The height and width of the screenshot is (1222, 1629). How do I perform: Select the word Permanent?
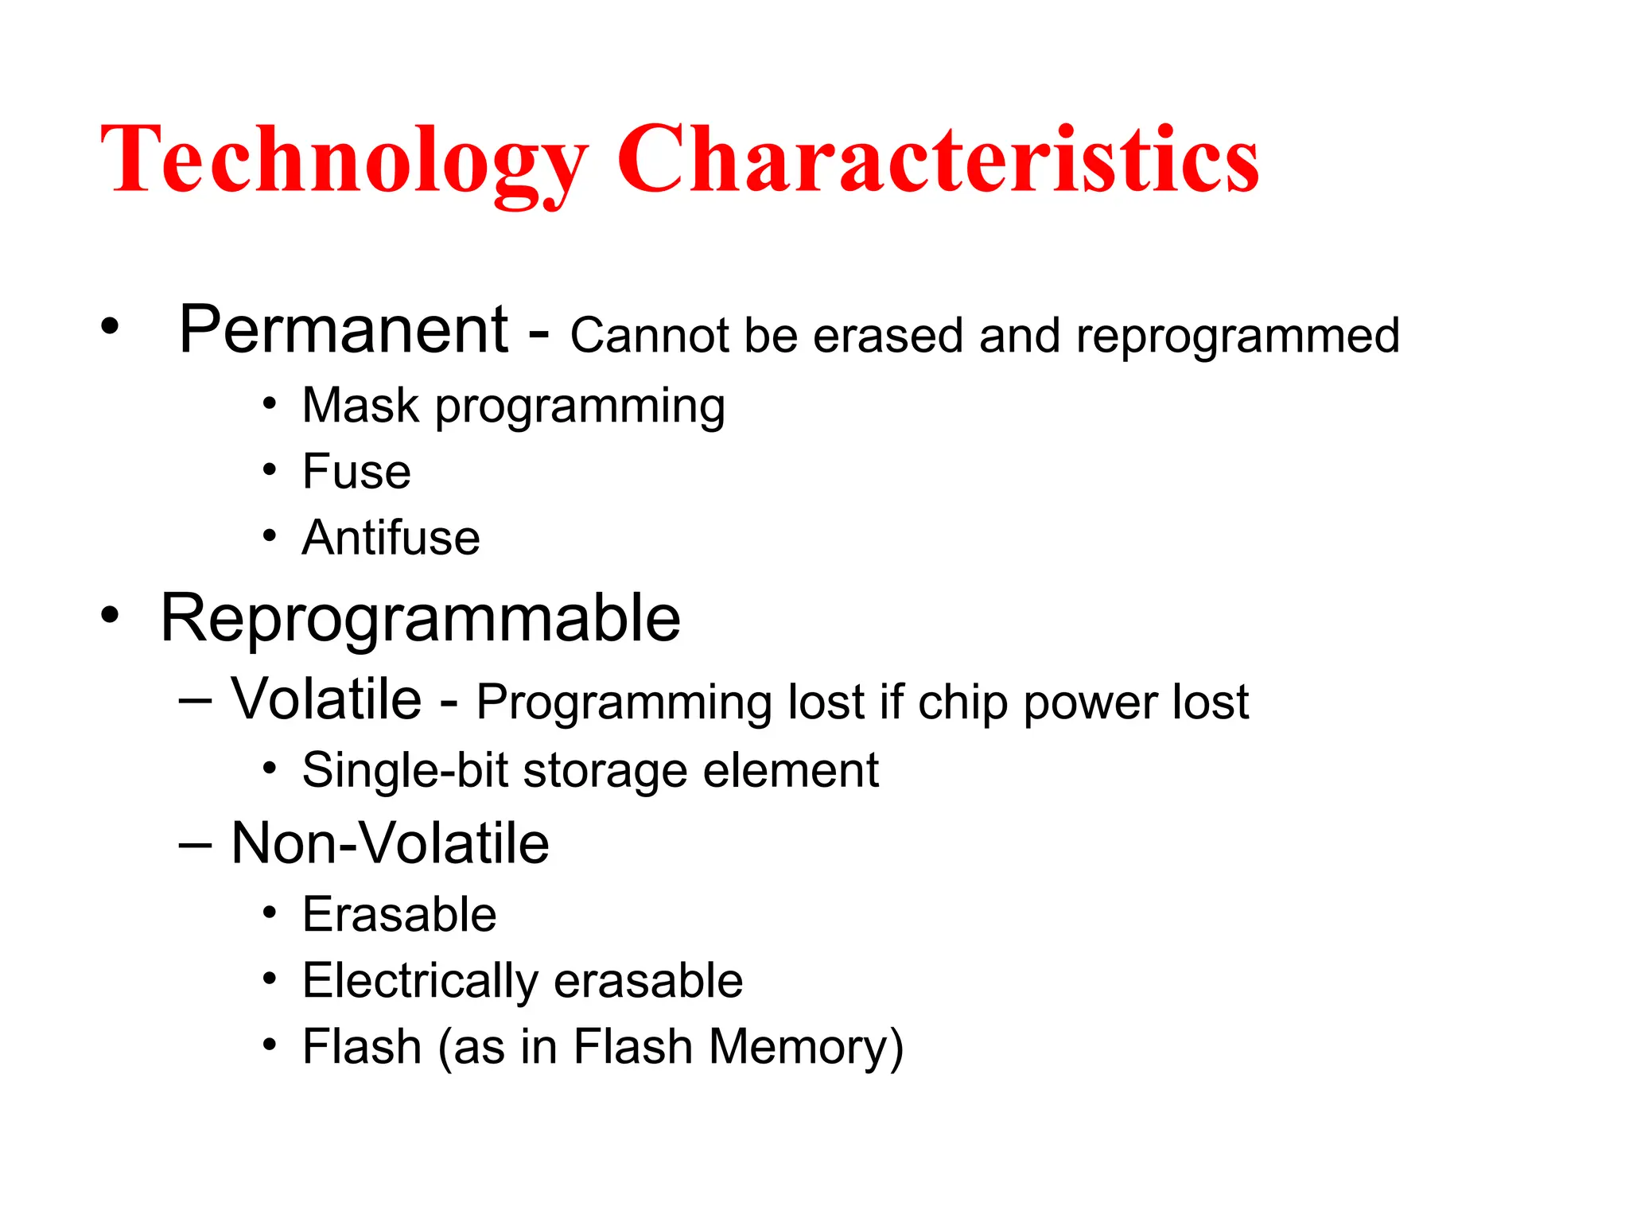point(344,330)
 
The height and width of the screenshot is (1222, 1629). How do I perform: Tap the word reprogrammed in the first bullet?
point(1238,337)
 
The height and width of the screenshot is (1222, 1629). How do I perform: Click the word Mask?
point(360,406)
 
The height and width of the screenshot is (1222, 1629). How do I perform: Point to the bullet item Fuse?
point(356,472)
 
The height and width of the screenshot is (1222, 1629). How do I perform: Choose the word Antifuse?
point(391,538)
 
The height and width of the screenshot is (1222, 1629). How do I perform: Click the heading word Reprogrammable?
point(420,619)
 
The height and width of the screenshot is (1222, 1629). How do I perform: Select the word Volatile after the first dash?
point(326,700)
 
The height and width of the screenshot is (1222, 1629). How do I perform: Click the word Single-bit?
point(405,770)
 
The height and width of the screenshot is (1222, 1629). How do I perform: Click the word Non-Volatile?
point(390,843)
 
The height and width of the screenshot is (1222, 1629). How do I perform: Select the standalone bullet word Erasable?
point(399,915)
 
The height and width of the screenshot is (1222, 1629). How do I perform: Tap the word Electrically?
point(421,981)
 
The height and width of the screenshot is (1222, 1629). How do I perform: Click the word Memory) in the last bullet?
point(806,1047)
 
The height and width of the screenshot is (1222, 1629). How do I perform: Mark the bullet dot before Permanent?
point(110,325)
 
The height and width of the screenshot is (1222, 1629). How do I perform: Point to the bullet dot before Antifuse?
point(270,536)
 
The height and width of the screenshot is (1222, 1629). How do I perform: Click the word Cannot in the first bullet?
point(649,336)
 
